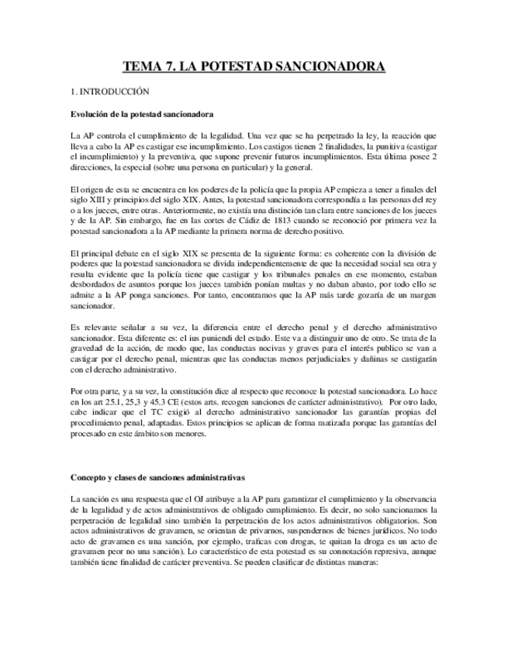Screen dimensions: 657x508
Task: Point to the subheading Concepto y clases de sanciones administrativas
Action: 157,476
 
